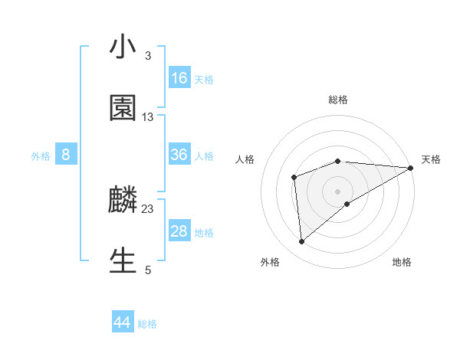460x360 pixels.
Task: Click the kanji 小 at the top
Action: [x=123, y=47]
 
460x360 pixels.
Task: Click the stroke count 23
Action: [x=148, y=208]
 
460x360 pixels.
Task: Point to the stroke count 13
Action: [x=148, y=116]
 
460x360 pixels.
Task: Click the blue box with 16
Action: [x=179, y=78]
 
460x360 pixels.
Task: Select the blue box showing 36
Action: [x=179, y=155]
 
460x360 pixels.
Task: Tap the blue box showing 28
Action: [x=179, y=231]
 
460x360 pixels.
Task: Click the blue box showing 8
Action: [x=66, y=155]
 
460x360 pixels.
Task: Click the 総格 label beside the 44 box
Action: [x=147, y=324]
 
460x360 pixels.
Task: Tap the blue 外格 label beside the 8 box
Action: [x=41, y=155]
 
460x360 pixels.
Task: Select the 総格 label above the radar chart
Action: [x=338, y=100]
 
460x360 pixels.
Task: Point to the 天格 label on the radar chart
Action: [x=431, y=159]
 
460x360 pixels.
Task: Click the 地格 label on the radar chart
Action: [x=402, y=262]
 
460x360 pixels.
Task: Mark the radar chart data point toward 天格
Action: [x=411, y=168]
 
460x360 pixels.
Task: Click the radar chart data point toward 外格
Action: [x=301, y=241]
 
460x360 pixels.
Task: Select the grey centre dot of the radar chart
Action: [x=338, y=191]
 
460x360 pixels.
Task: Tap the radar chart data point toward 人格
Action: [x=294, y=177]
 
